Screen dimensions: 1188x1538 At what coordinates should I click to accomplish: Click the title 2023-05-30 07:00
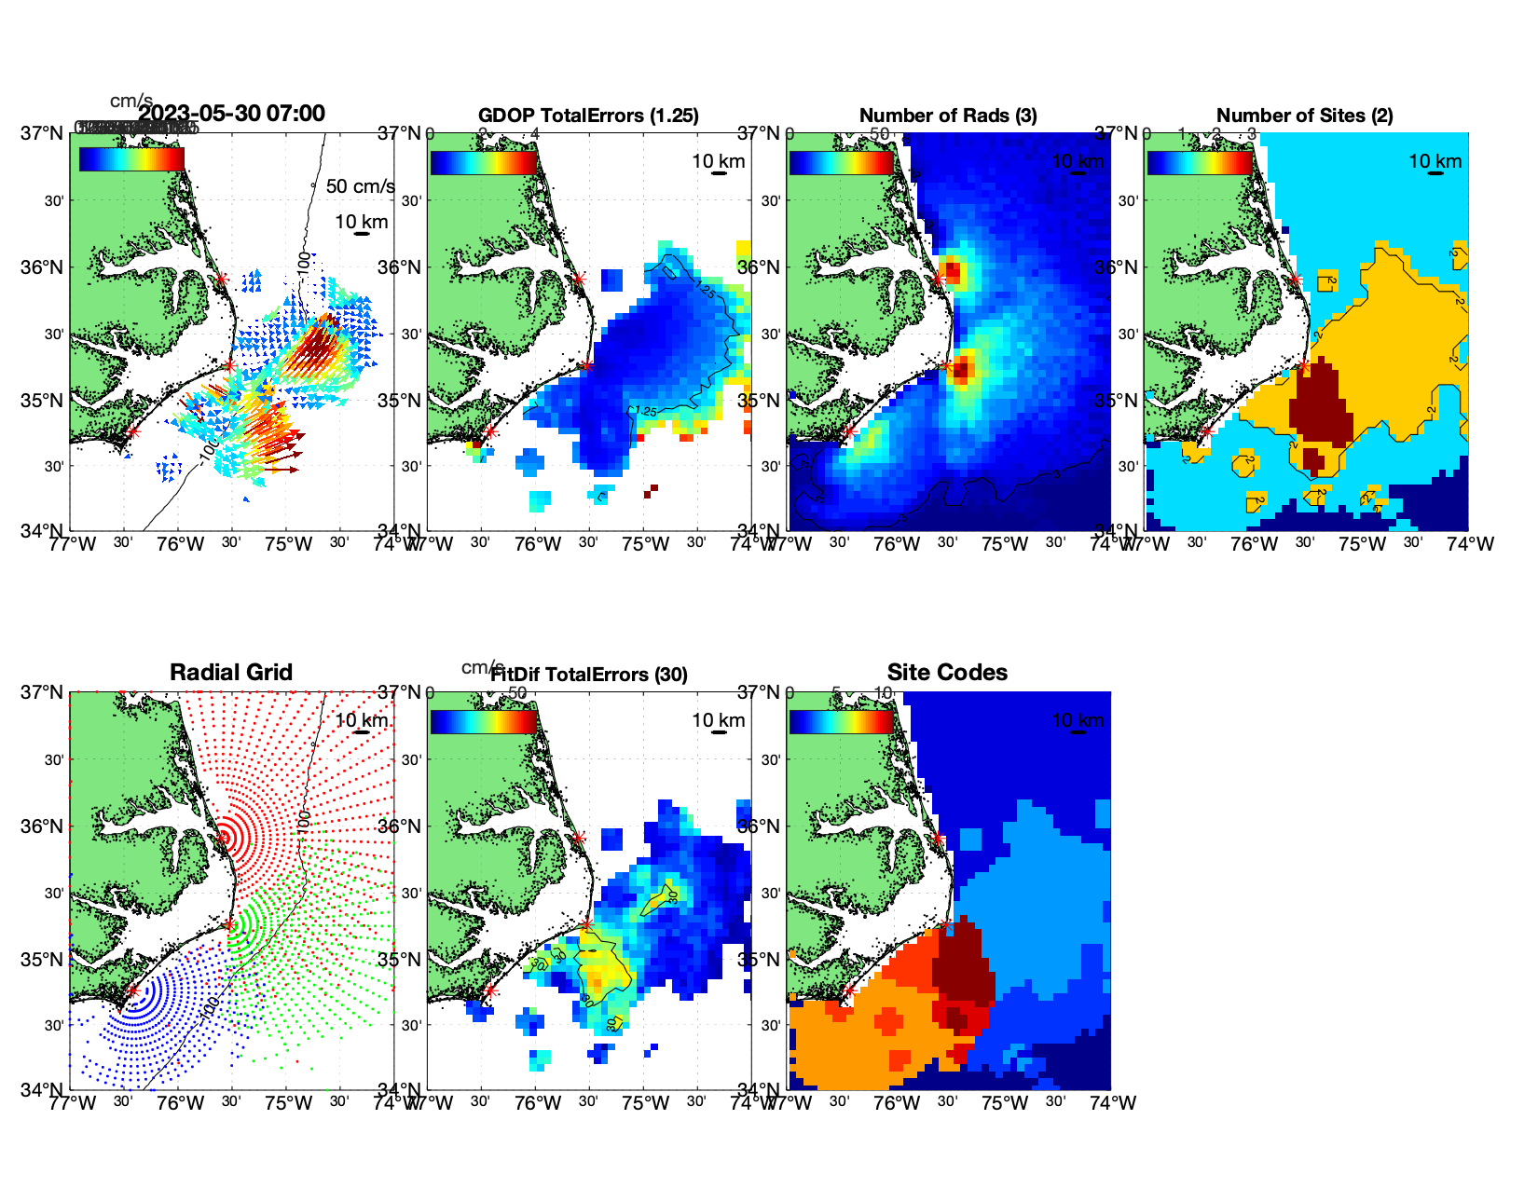coord(231,114)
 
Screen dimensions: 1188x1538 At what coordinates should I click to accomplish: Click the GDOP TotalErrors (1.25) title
coord(588,116)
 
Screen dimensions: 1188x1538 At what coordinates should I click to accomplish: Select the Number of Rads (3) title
coord(948,116)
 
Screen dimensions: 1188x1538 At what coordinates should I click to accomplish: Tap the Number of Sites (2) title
coord(1304,116)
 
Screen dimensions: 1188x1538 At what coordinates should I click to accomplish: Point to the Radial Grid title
coord(231,673)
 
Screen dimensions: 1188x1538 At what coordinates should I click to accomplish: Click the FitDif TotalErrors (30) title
coord(588,675)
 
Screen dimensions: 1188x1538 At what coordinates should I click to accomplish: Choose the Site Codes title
coord(947,673)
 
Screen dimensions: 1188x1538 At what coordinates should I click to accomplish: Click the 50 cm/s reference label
coord(361,186)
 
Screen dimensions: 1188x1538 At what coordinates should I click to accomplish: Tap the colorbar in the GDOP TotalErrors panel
coord(484,161)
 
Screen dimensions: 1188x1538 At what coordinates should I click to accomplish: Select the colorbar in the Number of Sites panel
coord(1200,161)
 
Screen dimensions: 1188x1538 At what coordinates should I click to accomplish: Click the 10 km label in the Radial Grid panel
coord(361,720)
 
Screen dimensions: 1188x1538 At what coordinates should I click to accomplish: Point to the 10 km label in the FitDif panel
coord(718,720)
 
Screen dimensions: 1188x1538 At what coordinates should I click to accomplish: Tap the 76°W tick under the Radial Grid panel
coord(179,1103)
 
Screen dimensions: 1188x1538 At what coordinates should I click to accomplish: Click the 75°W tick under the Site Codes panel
coord(1004,1103)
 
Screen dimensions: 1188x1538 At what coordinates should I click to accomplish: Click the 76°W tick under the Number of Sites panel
coord(1254,544)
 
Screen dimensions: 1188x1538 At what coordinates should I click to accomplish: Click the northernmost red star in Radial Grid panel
coord(223,838)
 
